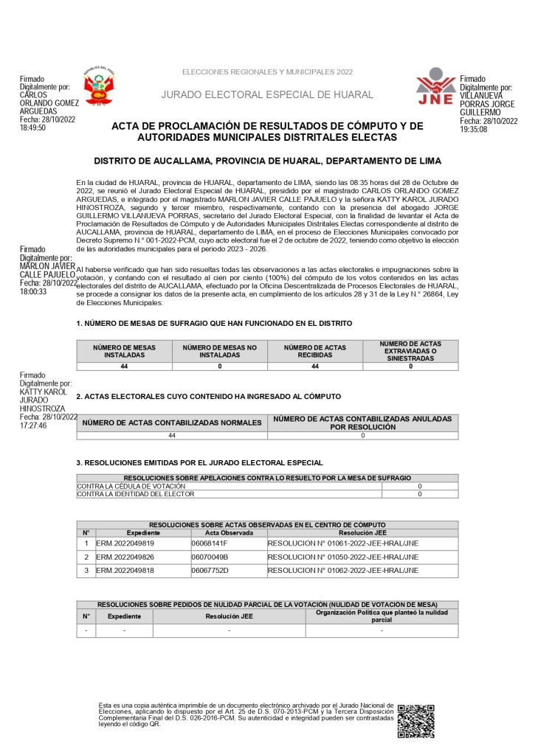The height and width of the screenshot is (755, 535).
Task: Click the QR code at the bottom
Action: (x=415, y=720)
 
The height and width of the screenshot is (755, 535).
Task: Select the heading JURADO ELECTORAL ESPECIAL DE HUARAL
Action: (x=267, y=95)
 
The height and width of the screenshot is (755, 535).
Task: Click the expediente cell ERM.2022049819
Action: (x=125, y=543)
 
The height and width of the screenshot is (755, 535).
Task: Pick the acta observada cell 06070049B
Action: (x=210, y=557)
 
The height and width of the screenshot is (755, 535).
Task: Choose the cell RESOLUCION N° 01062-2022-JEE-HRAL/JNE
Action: (x=343, y=570)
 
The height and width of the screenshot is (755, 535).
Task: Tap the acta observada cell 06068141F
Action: (x=210, y=543)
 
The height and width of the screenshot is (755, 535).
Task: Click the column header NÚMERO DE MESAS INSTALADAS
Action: (x=124, y=351)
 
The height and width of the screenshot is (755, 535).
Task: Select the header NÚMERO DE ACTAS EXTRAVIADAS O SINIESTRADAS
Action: (x=410, y=351)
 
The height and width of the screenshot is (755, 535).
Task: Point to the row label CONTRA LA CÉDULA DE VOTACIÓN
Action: (x=131, y=487)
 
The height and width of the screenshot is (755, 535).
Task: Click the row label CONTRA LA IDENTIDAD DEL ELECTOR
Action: (x=136, y=494)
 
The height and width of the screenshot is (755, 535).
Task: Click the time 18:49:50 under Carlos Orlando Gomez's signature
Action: (x=32, y=128)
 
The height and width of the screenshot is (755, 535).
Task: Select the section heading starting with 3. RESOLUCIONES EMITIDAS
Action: (x=199, y=462)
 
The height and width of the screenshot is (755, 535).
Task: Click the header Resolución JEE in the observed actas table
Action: (x=362, y=532)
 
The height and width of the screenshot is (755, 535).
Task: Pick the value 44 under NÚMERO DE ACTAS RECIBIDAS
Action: (x=314, y=366)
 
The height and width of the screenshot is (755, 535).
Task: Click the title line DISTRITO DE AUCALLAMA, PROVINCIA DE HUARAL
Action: (x=267, y=161)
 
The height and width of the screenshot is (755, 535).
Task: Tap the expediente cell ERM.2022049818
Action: (x=125, y=570)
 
